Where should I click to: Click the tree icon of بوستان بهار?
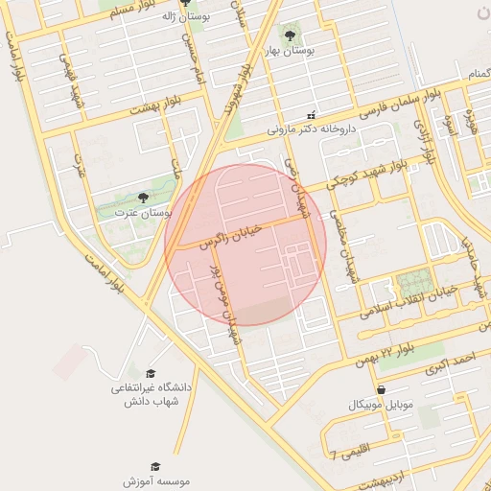[291, 35]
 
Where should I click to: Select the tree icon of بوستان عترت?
[143, 197]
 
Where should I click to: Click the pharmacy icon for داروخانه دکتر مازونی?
[311, 114]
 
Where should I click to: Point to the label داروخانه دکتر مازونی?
[311, 127]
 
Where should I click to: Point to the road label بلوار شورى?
[236, 91]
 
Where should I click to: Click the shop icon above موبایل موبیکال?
[382, 390]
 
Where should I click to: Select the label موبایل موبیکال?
[382, 404]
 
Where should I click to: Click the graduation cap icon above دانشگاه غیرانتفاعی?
[151, 373]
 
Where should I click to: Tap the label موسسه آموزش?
[156, 480]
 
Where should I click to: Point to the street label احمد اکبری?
[452, 362]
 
